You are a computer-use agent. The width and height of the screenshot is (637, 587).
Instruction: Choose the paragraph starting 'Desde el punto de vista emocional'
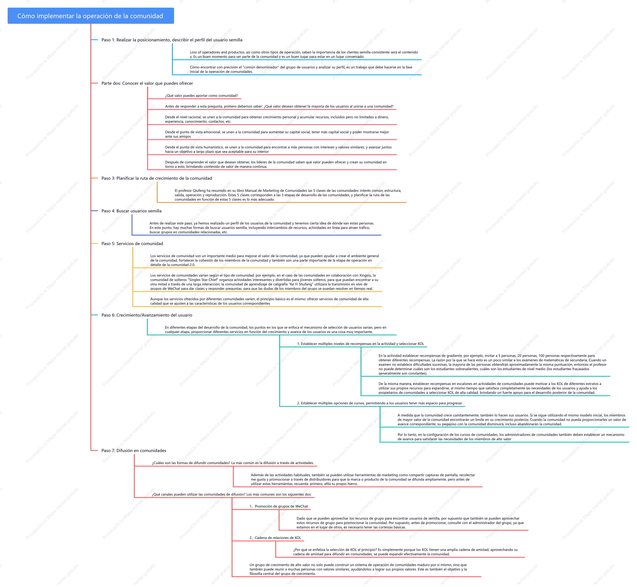(x=277, y=134)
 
